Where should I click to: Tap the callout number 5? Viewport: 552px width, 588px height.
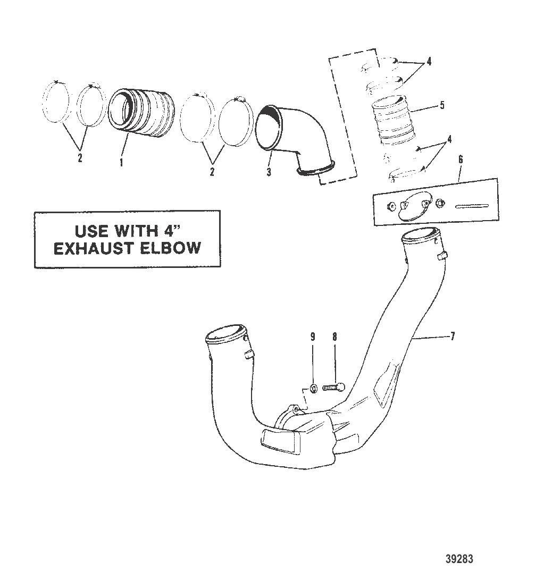click(x=442, y=106)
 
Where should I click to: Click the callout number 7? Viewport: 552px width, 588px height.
click(x=453, y=337)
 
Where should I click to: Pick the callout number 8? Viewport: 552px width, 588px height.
click(x=334, y=337)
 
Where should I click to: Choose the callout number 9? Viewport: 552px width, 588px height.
click(x=313, y=337)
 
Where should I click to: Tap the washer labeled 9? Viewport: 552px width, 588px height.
click(x=314, y=387)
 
